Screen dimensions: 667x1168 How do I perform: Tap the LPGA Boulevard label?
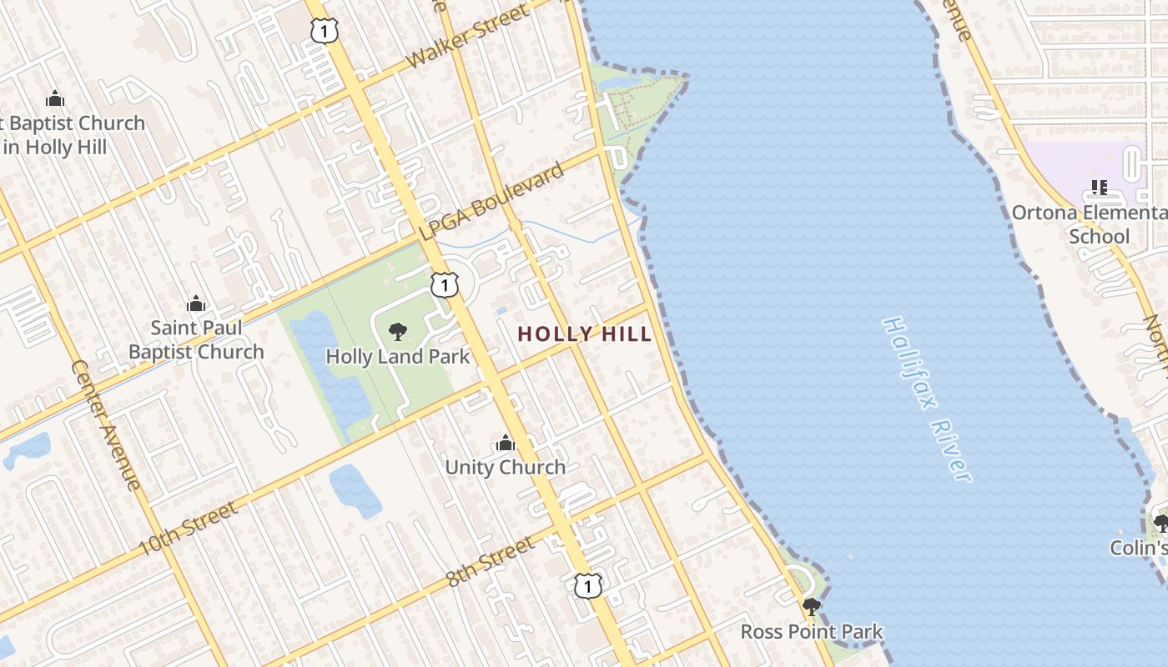(x=491, y=203)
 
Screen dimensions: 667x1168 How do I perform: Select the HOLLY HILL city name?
(x=584, y=334)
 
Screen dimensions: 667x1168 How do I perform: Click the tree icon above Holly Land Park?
(x=398, y=332)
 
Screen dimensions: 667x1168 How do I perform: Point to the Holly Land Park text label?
(x=398, y=357)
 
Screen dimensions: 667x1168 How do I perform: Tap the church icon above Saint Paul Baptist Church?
(x=196, y=303)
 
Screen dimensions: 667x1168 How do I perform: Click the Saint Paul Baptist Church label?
(x=196, y=339)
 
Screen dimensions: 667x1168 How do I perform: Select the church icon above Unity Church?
(x=505, y=443)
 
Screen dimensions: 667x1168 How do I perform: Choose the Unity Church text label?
(x=505, y=467)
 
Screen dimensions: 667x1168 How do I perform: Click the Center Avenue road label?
(x=106, y=425)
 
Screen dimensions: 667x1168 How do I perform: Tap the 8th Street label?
(x=490, y=560)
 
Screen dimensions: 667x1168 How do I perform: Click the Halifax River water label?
(x=927, y=399)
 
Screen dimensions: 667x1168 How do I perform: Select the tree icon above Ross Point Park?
(x=811, y=607)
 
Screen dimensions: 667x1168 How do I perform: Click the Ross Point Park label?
(x=811, y=632)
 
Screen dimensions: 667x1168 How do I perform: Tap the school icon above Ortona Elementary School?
(x=1099, y=188)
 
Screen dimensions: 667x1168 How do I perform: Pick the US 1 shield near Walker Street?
(x=324, y=31)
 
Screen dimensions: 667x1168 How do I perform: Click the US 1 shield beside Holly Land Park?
(x=445, y=285)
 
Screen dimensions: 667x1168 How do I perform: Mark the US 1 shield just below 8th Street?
(x=588, y=585)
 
